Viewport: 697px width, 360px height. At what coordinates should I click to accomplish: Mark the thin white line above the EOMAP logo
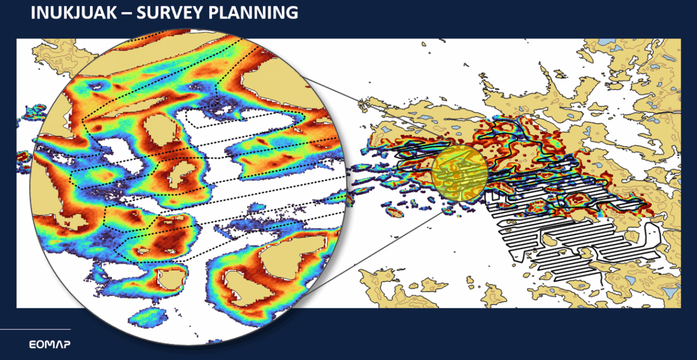pos(35,330)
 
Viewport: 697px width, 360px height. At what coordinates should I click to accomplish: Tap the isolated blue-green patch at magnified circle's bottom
pos(149,318)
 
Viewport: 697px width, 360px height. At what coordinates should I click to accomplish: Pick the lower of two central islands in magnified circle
pos(181,174)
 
